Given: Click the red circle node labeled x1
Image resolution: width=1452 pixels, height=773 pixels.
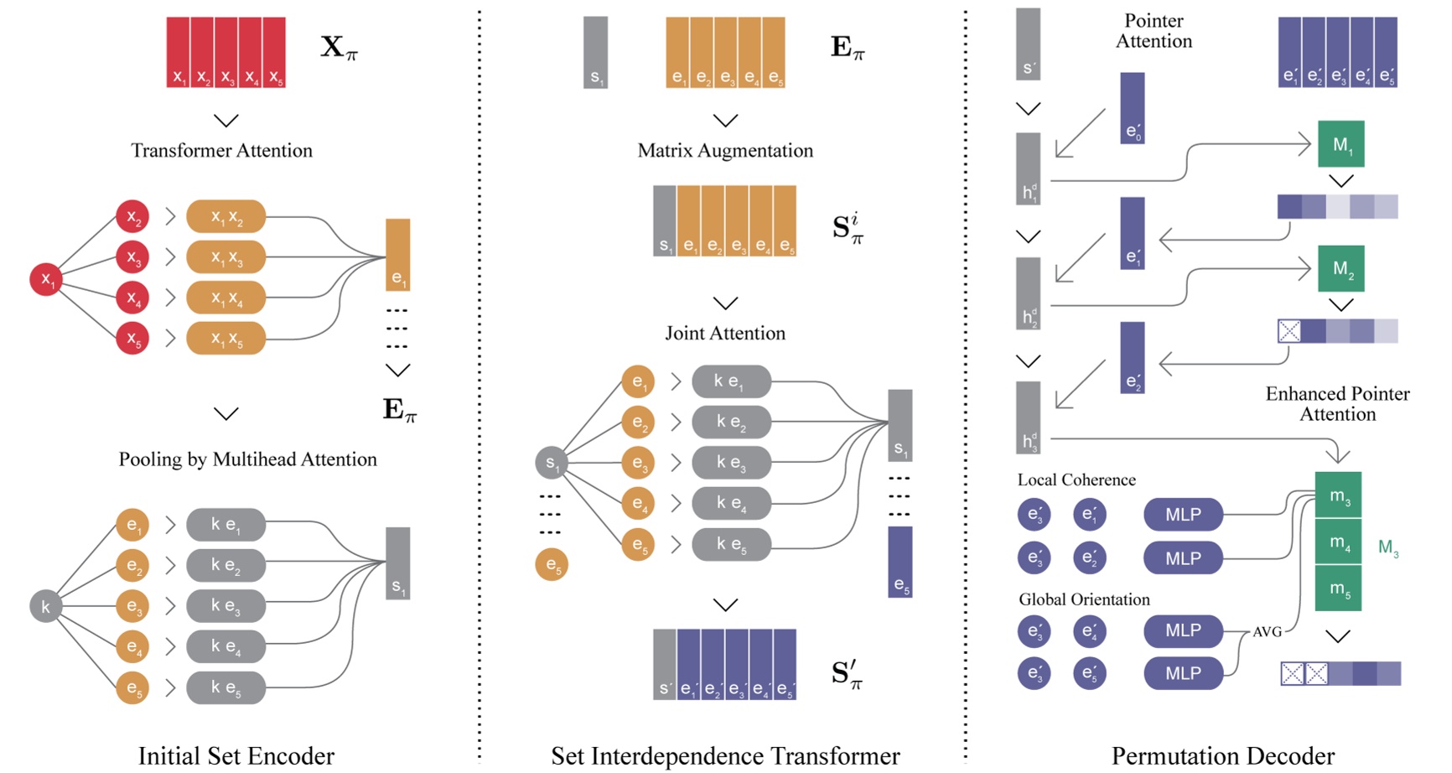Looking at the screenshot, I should (46, 279).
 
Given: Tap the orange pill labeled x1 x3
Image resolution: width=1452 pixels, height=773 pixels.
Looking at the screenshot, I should (226, 257).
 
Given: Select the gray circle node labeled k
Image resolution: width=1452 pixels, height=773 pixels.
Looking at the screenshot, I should (45, 606).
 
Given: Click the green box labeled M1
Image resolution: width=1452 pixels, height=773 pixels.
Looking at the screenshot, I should (1341, 144).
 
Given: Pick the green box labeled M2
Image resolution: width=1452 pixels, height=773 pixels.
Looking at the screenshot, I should (1341, 269).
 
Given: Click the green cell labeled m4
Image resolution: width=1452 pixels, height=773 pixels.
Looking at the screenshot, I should (1338, 542).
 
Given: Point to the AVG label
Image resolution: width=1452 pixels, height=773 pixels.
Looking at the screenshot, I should (1267, 631).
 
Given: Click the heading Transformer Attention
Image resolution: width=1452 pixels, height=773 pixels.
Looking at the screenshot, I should (221, 150).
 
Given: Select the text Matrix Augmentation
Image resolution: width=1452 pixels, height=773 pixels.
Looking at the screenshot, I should (725, 150).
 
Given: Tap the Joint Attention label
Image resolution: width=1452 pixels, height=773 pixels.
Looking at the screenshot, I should (725, 333).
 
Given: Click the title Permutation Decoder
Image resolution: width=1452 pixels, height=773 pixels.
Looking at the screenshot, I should (1222, 755).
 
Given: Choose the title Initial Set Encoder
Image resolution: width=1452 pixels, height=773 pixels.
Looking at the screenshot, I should (236, 755).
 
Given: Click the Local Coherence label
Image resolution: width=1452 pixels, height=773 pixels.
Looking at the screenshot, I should (1076, 480).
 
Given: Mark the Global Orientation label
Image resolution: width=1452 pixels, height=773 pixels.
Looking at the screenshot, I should (1084, 599).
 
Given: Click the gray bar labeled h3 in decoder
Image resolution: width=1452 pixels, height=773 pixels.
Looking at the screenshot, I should (1029, 418).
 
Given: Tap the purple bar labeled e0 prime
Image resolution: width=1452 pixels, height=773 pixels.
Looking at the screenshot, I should (1132, 108).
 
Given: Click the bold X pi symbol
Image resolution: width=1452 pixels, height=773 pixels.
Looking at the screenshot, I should (339, 47).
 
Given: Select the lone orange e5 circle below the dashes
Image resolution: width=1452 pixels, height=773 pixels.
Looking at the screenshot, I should (552, 564).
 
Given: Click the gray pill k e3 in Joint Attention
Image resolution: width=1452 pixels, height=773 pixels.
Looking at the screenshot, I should (731, 463).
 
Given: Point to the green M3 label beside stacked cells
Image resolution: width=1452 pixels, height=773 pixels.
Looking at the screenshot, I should (1387, 548).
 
